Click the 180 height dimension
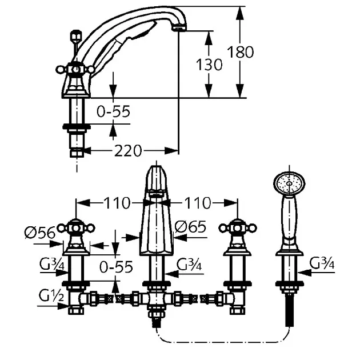click(x=241, y=52)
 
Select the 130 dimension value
click(x=209, y=65)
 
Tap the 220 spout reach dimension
click(x=127, y=151)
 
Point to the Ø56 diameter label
click(x=40, y=233)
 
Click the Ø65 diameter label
click(x=190, y=227)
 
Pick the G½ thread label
click(x=51, y=295)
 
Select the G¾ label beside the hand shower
click(x=322, y=263)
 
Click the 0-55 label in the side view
click(x=113, y=111)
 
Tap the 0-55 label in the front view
click(x=116, y=267)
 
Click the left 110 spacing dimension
click(x=117, y=203)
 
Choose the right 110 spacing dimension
click(x=198, y=203)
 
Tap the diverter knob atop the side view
click(x=76, y=36)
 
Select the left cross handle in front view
click(x=76, y=228)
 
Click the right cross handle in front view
click(x=238, y=228)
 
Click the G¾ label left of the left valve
click(x=52, y=264)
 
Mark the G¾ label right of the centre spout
click(x=189, y=264)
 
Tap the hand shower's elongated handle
click(x=289, y=223)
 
